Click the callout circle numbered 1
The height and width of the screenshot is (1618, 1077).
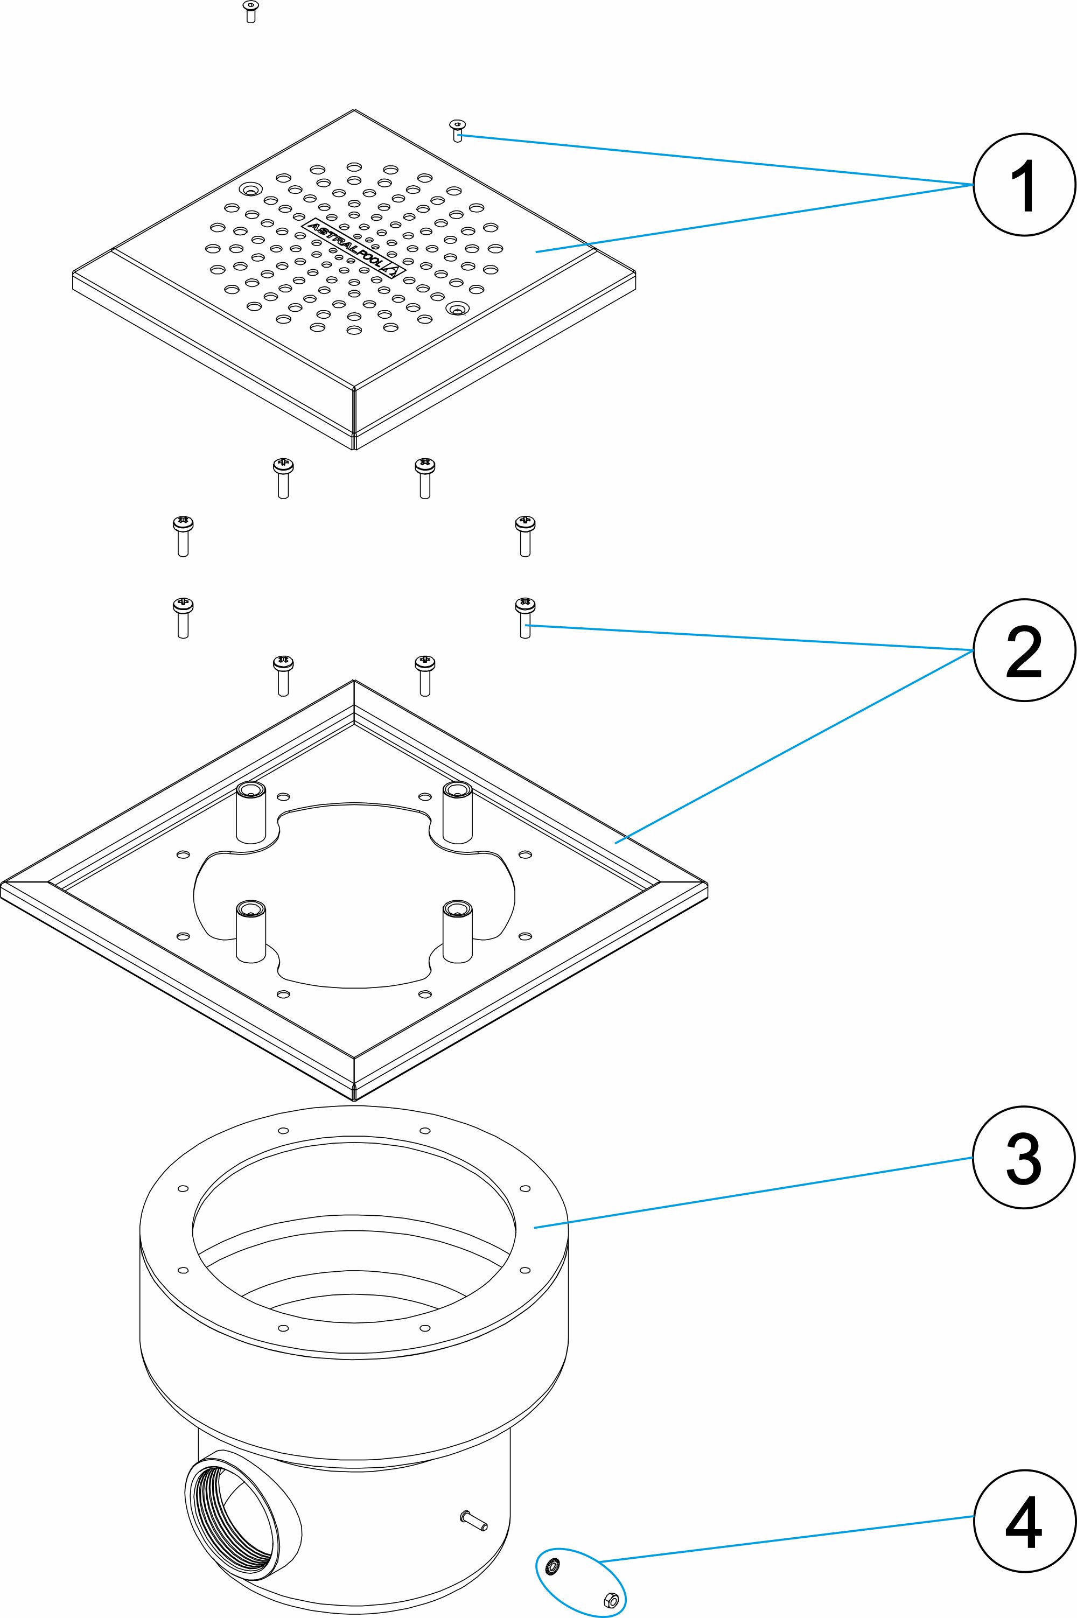tap(1024, 185)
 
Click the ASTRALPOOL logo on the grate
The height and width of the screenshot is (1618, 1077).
tap(353, 248)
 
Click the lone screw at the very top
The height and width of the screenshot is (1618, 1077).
tap(249, 11)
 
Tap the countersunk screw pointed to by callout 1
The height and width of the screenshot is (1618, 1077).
tap(457, 129)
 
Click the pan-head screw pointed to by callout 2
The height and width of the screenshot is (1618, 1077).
tap(524, 617)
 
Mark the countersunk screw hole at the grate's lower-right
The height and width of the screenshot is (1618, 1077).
tap(456, 309)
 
